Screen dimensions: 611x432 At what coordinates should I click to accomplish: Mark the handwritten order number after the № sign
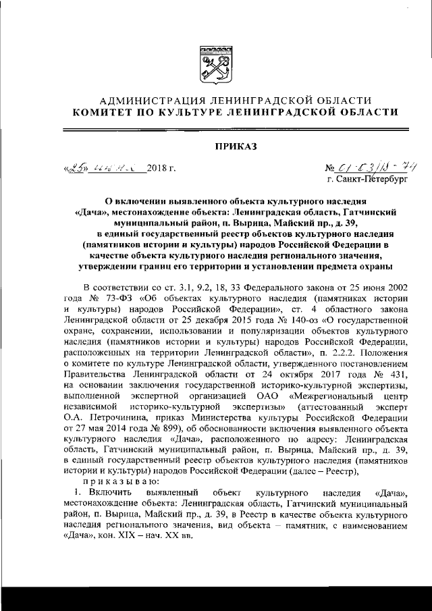[x=368, y=167]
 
